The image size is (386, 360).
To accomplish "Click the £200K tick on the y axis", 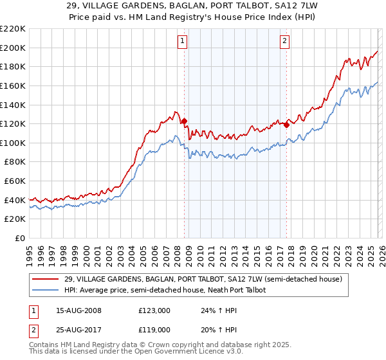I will click(13, 48).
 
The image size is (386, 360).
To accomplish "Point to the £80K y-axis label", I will click(15, 162).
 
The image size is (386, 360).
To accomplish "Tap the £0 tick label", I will click(20, 239).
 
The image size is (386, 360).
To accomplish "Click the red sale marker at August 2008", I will click(184, 121).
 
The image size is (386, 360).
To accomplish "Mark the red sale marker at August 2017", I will click(287, 125).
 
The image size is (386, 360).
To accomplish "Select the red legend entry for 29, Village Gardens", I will click(207, 279).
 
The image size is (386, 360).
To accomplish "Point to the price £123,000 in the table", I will click(154, 310).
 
